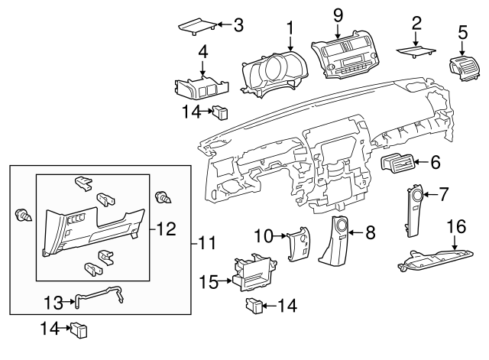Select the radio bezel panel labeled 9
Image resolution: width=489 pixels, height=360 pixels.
pos(346,55)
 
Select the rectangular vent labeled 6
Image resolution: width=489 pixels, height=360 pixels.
pos(400,162)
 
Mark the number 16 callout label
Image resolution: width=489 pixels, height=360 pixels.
pos(455,226)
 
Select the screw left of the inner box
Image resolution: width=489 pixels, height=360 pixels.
pos(24,216)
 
